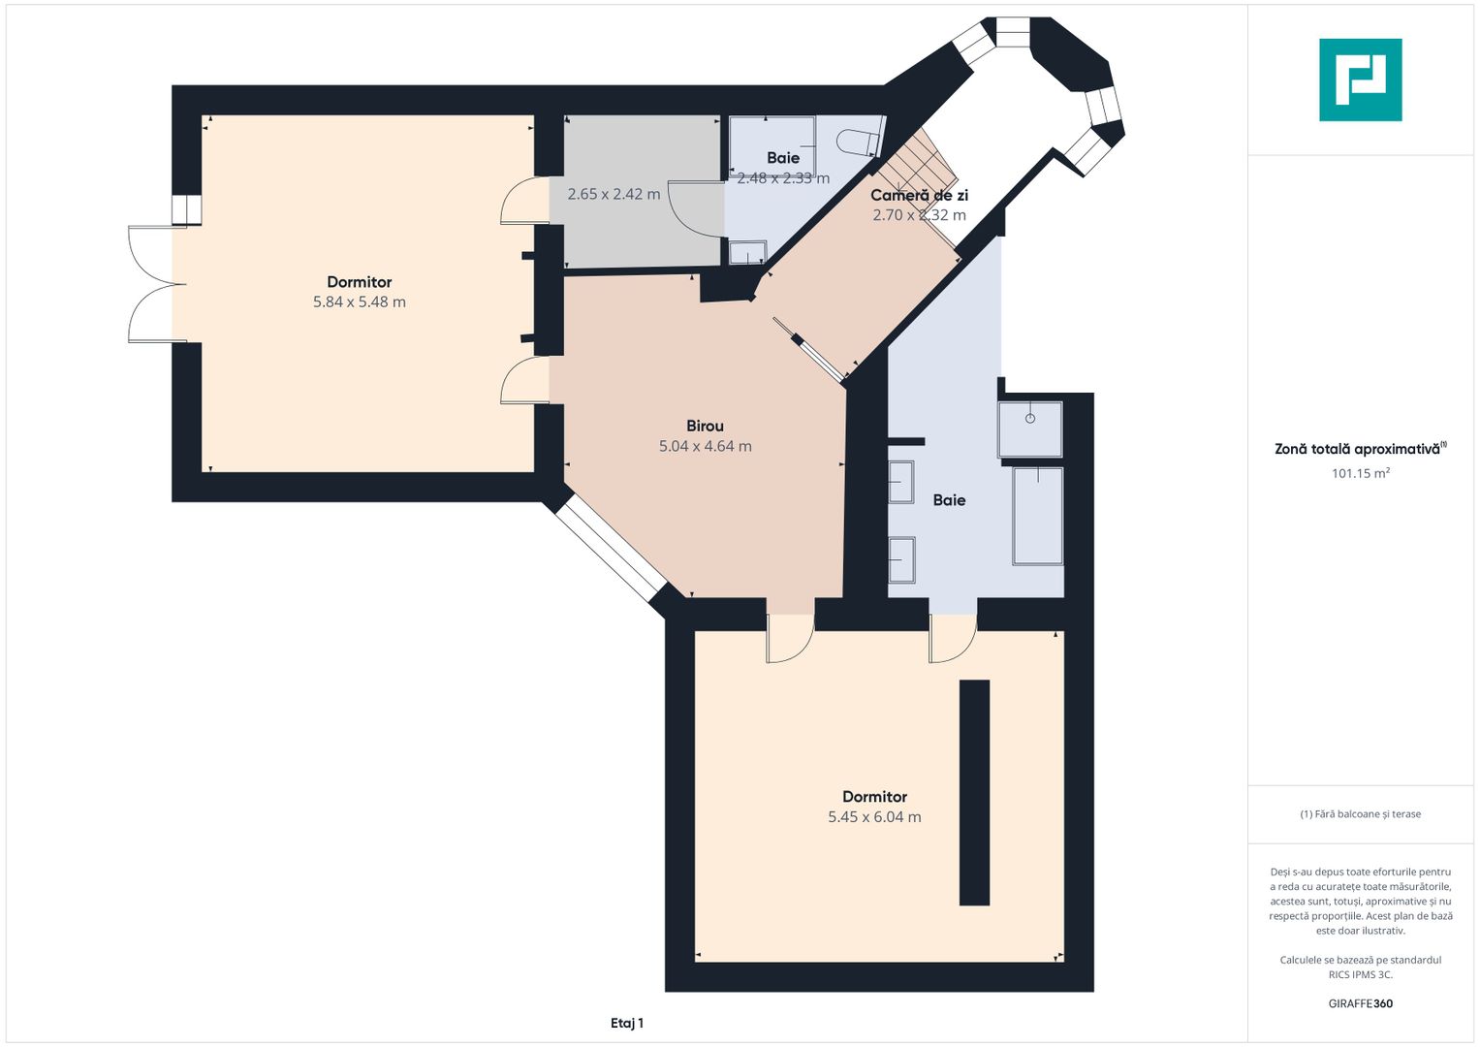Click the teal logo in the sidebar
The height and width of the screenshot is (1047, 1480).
click(1361, 79)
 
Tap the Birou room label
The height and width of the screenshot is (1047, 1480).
click(705, 427)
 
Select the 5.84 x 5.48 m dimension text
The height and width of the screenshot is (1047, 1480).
click(360, 302)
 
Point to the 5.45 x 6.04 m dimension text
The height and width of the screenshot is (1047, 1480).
click(875, 817)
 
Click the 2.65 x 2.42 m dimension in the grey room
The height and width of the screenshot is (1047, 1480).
click(614, 194)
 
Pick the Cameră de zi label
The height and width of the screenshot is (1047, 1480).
click(919, 196)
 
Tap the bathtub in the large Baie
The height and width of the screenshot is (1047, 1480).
click(1038, 516)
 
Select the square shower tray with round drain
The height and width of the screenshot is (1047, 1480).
click(1030, 428)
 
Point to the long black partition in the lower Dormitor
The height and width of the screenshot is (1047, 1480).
click(975, 793)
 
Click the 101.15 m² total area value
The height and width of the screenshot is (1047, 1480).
click(1361, 473)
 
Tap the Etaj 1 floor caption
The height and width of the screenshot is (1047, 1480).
click(627, 1023)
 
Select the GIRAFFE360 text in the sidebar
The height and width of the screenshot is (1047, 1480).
click(1361, 1003)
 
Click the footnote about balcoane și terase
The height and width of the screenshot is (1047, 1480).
click(1361, 814)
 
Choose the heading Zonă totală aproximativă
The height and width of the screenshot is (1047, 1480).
click(1361, 449)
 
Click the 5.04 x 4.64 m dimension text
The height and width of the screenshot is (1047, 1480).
click(705, 446)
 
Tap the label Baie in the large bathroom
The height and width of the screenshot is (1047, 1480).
click(950, 500)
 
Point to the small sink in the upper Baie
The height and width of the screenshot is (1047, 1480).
click(747, 252)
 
